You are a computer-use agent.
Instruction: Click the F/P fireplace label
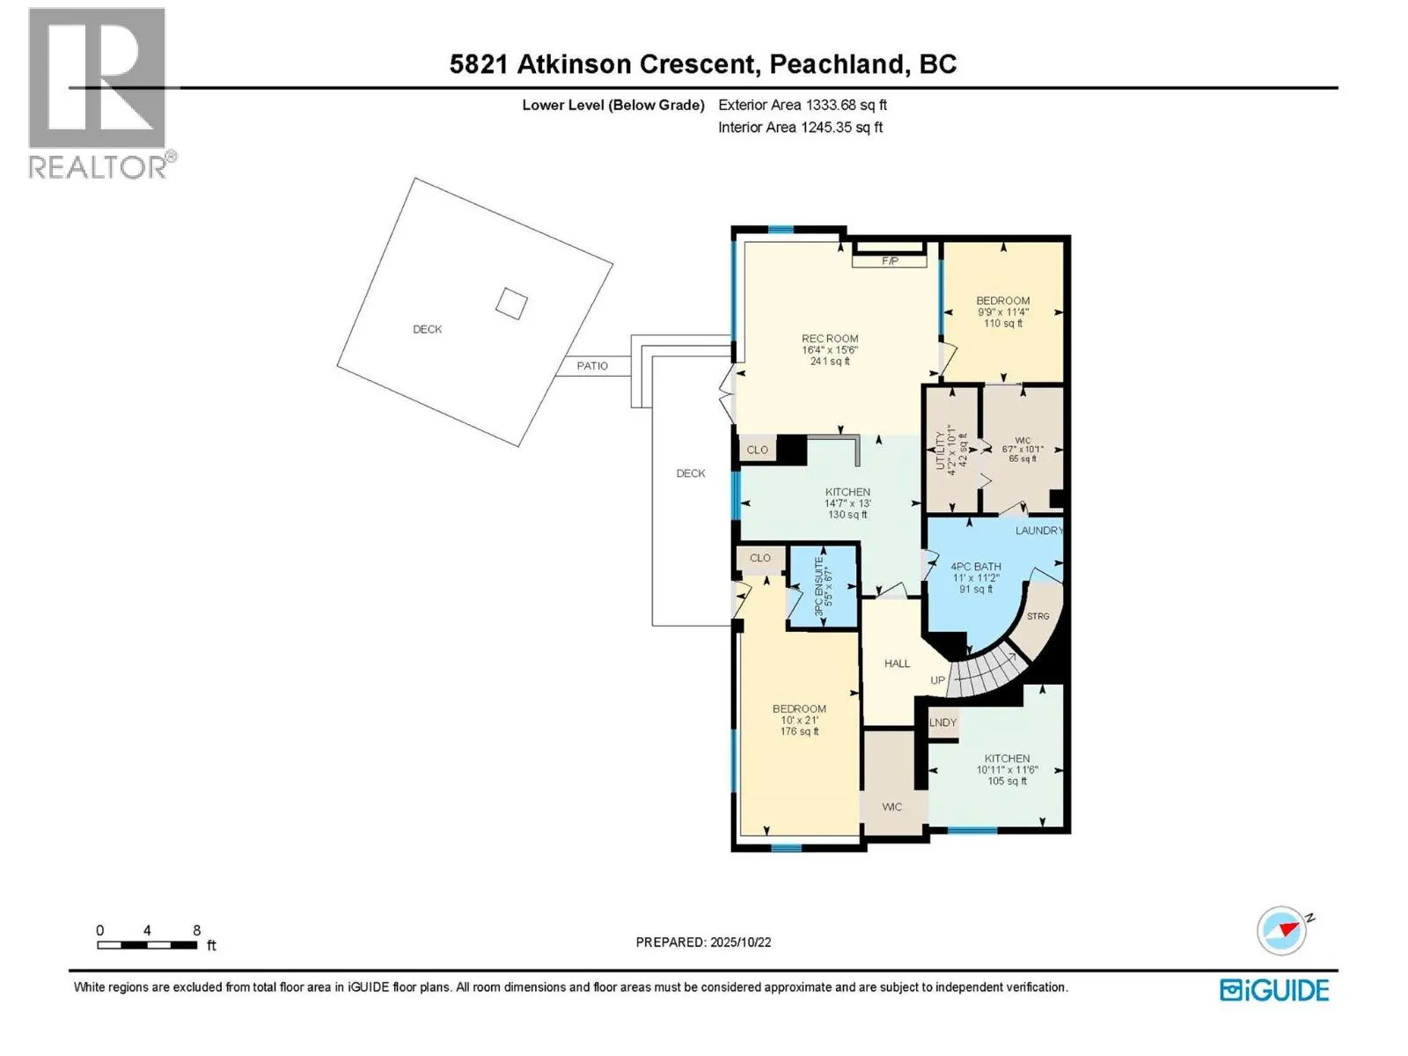(x=890, y=261)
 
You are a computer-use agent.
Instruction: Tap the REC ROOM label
(x=829, y=339)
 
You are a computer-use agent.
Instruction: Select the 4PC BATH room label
(x=975, y=567)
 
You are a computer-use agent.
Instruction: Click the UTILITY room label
(x=940, y=449)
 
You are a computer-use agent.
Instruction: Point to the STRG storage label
(x=1038, y=616)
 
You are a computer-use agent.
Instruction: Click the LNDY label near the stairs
(x=942, y=722)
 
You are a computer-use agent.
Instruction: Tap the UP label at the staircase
(x=937, y=680)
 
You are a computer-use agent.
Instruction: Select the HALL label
(x=897, y=664)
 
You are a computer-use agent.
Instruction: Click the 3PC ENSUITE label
(x=818, y=586)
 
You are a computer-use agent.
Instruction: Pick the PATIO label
(x=592, y=365)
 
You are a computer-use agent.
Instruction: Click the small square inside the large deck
(x=511, y=304)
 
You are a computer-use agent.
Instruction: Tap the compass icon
(x=1282, y=930)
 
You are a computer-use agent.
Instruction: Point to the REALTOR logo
(x=99, y=92)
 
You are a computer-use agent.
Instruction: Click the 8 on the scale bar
(x=197, y=930)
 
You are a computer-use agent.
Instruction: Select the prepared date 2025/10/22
(x=740, y=942)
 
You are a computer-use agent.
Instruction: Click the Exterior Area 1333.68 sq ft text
(x=802, y=105)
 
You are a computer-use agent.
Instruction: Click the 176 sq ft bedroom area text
(x=799, y=731)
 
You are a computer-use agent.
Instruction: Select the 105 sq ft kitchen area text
(x=1007, y=781)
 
